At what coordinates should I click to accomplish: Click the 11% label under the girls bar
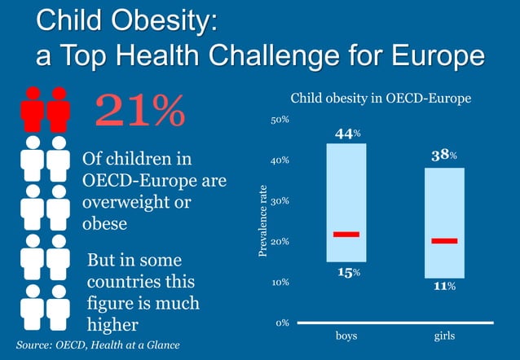click(443, 287)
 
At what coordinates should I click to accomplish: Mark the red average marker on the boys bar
click(346, 235)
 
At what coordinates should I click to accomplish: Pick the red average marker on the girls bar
click(444, 241)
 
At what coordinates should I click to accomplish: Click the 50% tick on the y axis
click(280, 120)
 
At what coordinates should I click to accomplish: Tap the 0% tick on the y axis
click(282, 323)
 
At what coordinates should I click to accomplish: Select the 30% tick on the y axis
click(280, 201)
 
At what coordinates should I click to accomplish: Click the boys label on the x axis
click(346, 336)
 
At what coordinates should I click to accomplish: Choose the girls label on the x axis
click(444, 336)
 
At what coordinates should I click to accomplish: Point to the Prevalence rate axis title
click(262, 222)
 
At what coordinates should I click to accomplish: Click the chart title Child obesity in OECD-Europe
click(381, 99)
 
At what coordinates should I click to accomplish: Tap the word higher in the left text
click(113, 324)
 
